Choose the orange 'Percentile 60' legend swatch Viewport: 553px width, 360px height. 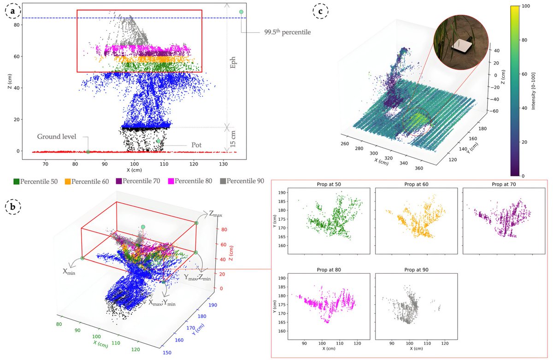(x=67, y=181)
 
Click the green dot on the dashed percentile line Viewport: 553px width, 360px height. (x=241, y=12)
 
